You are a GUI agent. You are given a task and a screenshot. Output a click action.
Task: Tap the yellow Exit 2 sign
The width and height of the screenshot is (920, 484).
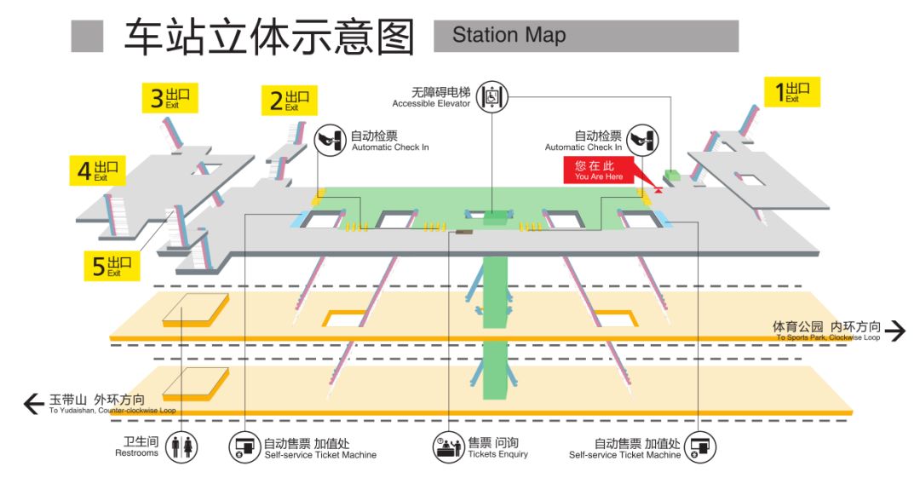[x=290, y=101]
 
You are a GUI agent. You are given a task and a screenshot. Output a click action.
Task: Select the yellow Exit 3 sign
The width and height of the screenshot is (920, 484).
[x=170, y=98]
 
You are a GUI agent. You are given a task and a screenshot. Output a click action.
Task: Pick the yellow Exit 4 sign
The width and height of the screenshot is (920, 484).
[x=97, y=170]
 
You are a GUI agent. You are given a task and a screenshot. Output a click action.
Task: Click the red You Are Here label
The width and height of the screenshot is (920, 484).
[x=599, y=170]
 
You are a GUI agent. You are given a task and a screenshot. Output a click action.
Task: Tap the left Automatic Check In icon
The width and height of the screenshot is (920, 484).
[x=331, y=141]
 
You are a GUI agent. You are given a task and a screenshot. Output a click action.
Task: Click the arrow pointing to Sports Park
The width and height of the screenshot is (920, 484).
[x=895, y=331]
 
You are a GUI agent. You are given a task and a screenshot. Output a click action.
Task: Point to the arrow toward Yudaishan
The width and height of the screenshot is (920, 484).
[x=33, y=403]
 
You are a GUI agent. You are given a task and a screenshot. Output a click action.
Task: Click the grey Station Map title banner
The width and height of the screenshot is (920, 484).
[x=585, y=36]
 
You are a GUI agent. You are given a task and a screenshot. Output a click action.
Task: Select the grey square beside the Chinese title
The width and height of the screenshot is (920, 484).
[x=87, y=37]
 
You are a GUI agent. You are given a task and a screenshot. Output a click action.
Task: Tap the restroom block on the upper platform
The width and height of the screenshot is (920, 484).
[x=197, y=310]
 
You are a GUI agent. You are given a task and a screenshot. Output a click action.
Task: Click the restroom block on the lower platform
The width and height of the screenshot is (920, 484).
[x=197, y=383]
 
